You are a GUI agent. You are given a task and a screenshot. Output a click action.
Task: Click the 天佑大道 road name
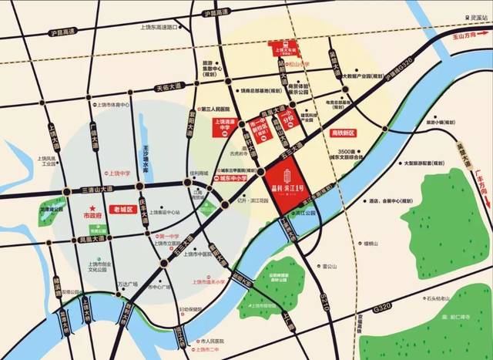tap(172, 88)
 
